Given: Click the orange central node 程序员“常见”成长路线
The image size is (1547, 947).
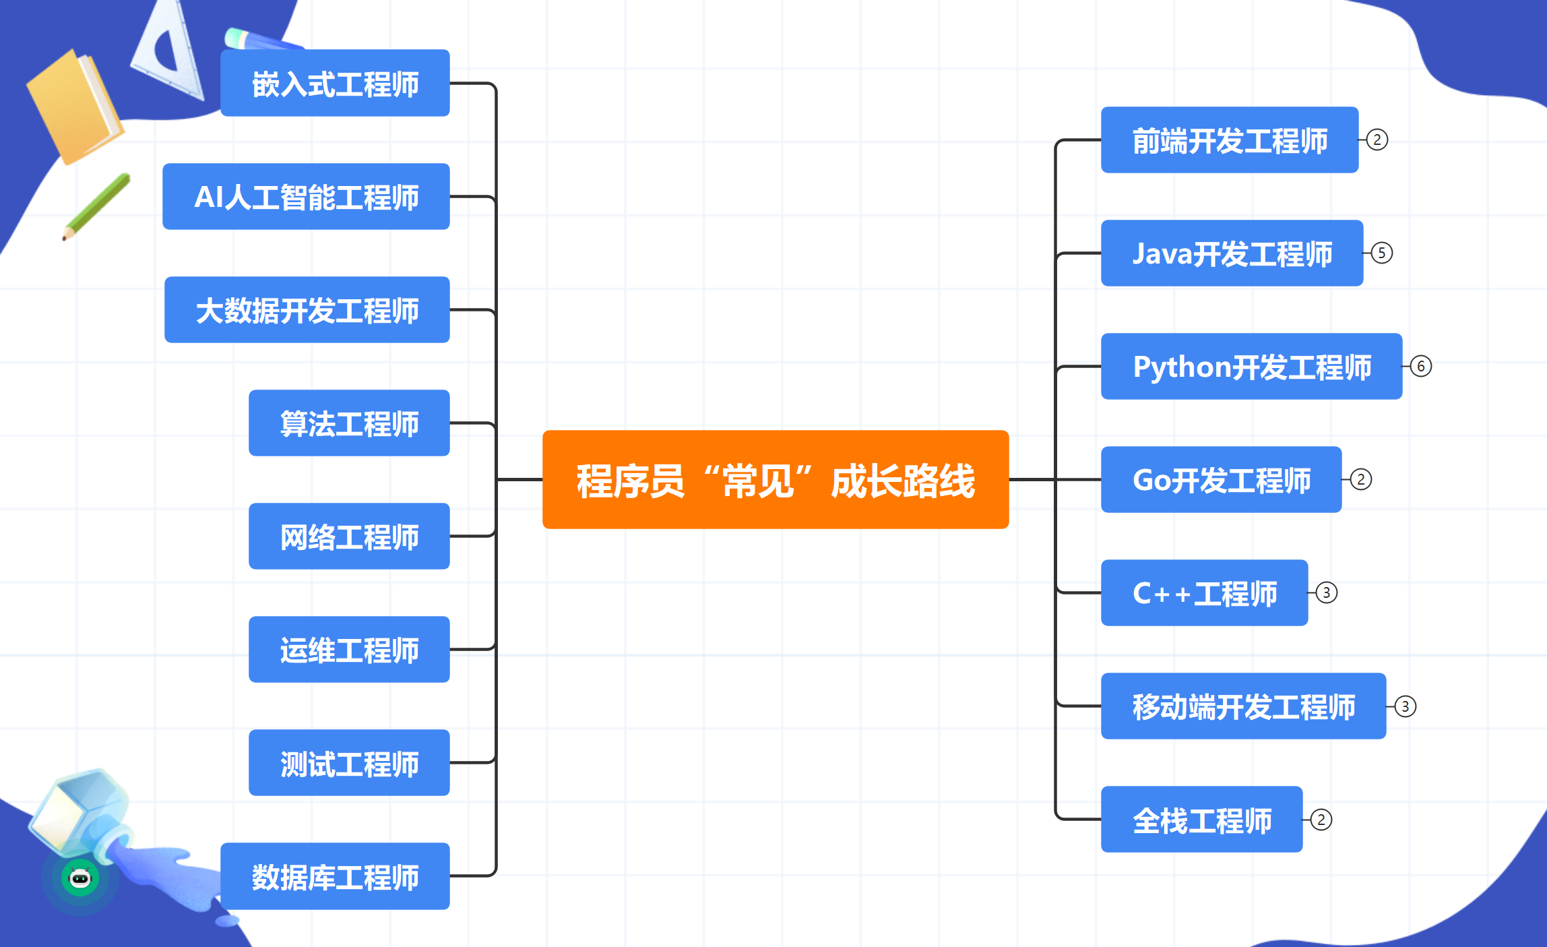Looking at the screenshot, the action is pos(776,479).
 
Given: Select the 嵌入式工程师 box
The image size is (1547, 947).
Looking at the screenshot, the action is pos(335,83).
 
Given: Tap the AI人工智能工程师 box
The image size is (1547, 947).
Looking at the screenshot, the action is pos(306,196).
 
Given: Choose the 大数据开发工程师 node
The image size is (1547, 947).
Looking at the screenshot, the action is pos(307,309).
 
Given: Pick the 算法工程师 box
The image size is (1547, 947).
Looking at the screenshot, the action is pos(349,423).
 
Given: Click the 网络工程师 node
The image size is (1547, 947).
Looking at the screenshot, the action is pos(349,536).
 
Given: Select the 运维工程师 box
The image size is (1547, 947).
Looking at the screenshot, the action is pos(349,649).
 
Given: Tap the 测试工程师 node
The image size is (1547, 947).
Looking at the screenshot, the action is pos(349,762).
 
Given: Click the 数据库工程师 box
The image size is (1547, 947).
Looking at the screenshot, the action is pos(335,876).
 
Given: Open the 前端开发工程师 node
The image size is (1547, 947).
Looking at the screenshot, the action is pos(1230,140).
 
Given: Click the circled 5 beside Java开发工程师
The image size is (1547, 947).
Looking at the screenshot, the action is pos(1382,253).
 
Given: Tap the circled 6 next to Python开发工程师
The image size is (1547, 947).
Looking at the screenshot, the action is pos(1421,366).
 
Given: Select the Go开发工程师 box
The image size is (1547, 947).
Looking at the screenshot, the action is pos(1221,479).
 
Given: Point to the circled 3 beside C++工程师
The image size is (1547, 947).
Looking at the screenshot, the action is pos(1327,592).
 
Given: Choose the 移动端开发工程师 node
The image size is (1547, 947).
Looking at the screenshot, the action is pos(1243,706).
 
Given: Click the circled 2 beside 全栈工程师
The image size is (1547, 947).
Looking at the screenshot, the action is pos(1321,820).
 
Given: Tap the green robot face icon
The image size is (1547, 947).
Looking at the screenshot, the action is pos(80,878).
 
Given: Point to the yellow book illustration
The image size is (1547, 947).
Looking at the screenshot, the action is pos(75,106).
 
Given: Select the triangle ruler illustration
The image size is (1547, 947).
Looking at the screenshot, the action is pos(168,51).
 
